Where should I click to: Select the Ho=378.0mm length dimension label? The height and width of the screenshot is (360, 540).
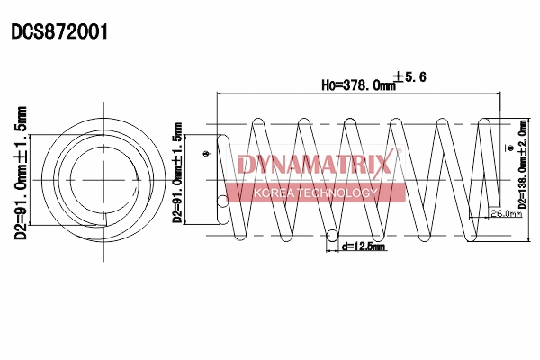pyautogui.click(x=359, y=85)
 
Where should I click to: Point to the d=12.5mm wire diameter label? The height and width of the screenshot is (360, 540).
pyautogui.click(x=364, y=247)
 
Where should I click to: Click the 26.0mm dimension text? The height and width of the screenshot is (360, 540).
pyautogui.click(x=505, y=214)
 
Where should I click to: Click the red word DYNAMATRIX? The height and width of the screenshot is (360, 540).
pyautogui.click(x=315, y=165)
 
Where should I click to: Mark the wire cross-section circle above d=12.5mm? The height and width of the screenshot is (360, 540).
pyautogui.click(x=333, y=238)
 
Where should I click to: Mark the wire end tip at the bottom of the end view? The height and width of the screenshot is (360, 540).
pyautogui.click(x=105, y=220)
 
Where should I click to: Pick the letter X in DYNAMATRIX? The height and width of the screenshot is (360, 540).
pyautogui.click(x=384, y=165)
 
